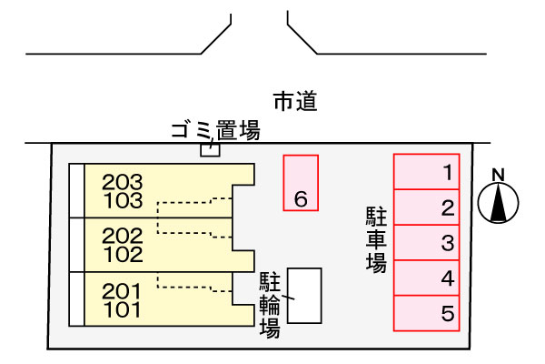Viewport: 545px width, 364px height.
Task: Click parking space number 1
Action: pyautogui.click(x=427, y=172)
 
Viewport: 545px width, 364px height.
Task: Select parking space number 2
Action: pyautogui.click(x=427, y=207)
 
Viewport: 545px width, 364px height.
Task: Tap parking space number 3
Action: pyautogui.click(x=427, y=242)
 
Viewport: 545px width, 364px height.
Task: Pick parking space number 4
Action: pyautogui.click(x=427, y=278)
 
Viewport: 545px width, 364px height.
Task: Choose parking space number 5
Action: pyautogui.click(x=427, y=313)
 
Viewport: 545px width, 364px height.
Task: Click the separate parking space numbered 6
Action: pyautogui.click(x=301, y=183)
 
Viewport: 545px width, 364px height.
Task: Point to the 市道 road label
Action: pyautogui.click(x=295, y=101)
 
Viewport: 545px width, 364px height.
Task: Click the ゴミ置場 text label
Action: pyautogui.click(x=215, y=130)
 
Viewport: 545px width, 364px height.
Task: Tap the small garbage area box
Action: pyautogui.click(x=210, y=150)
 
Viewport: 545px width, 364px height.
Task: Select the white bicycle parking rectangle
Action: pyautogui.click(x=304, y=296)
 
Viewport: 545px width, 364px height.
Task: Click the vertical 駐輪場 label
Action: pyautogui.click(x=270, y=306)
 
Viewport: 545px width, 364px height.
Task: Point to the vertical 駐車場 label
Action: pyautogui.click(x=376, y=240)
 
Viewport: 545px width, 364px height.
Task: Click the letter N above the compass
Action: pyautogui.click(x=498, y=175)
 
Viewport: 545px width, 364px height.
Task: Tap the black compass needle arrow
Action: pyautogui.click(x=499, y=203)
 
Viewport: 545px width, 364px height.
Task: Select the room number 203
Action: pyautogui.click(x=123, y=182)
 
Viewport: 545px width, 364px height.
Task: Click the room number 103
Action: pyautogui.click(x=123, y=200)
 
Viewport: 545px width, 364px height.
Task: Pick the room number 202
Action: pyautogui.click(x=123, y=237)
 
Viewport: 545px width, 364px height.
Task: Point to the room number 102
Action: pyautogui.click(x=123, y=255)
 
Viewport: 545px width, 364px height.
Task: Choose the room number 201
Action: pyautogui.click(x=122, y=291)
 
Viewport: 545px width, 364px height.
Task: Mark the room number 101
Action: pyautogui.click(x=123, y=309)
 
